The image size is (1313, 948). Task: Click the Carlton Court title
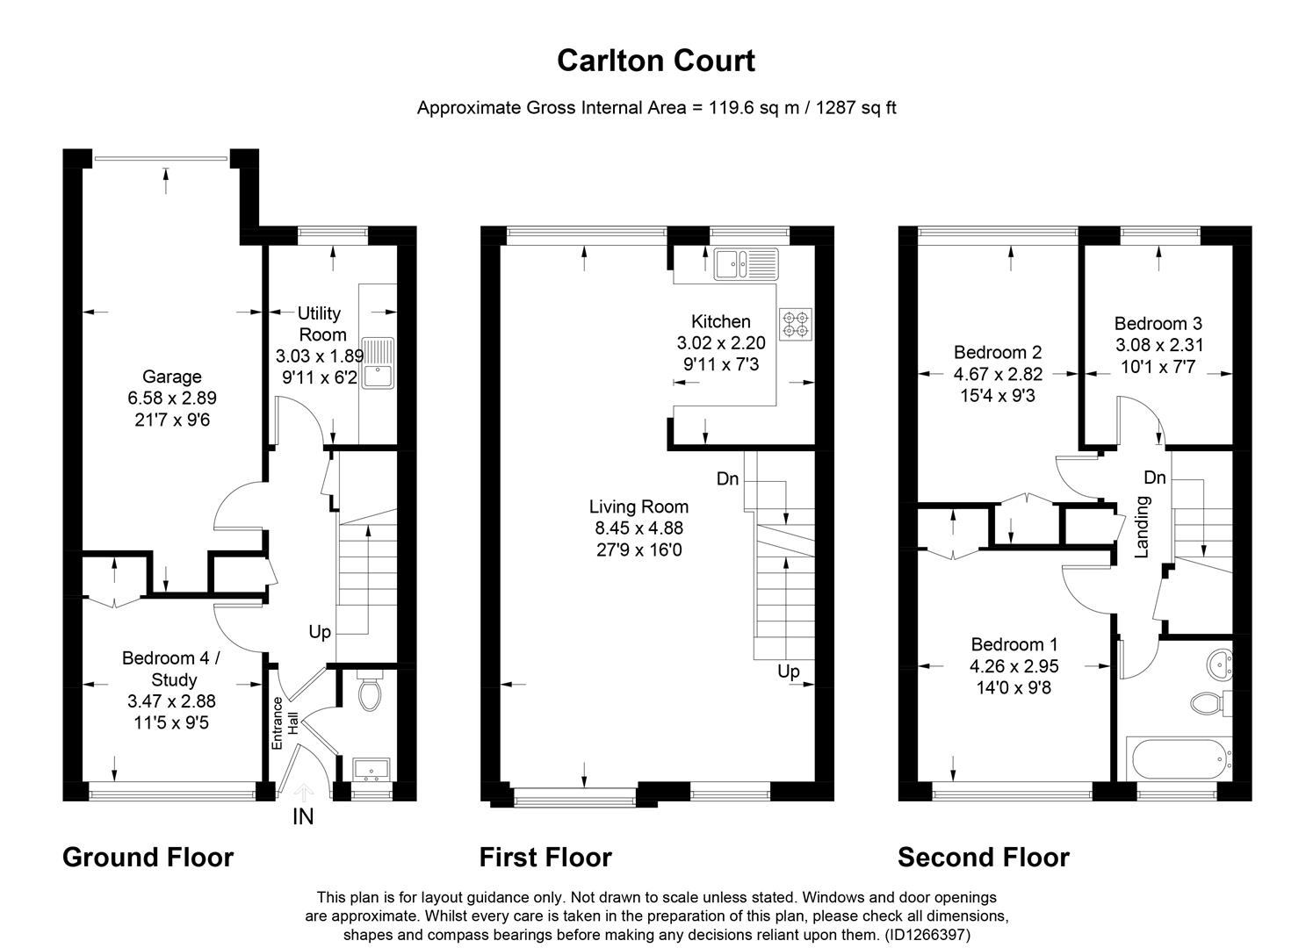pos(656,61)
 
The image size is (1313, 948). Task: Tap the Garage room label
pos(172,377)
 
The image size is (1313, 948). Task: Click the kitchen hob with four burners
pos(796,323)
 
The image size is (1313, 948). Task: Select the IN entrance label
pos(303,817)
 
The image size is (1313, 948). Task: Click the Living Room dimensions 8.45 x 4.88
pos(638,528)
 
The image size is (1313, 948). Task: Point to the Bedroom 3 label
pos(1158,323)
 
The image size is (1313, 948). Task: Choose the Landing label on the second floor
pos(1143,527)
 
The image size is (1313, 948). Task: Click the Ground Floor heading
pos(148,857)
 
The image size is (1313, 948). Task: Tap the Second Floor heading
pos(984,857)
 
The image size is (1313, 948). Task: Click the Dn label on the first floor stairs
pos(727,479)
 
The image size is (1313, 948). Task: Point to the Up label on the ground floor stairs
pos(320,632)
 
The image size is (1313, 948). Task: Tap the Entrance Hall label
pos(284,722)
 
